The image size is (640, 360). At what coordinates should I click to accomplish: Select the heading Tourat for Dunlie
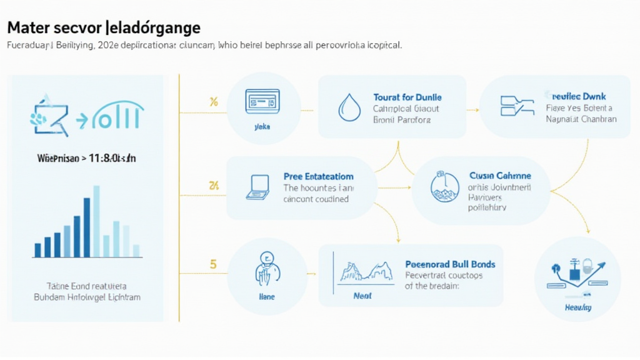click(407, 97)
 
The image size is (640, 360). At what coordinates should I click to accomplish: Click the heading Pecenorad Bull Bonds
click(450, 264)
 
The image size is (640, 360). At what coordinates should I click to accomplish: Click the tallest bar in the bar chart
click(96, 221)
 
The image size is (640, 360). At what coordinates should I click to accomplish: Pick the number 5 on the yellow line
click(213, 264)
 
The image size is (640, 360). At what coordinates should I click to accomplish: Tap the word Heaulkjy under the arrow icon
click(578, 307)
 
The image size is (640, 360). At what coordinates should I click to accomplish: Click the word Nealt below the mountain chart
click(362, 296)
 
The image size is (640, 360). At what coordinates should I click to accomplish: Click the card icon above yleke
click(262, 100)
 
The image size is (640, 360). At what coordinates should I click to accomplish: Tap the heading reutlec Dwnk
click(581, 96)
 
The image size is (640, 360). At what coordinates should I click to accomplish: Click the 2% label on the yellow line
click(213, 186)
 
